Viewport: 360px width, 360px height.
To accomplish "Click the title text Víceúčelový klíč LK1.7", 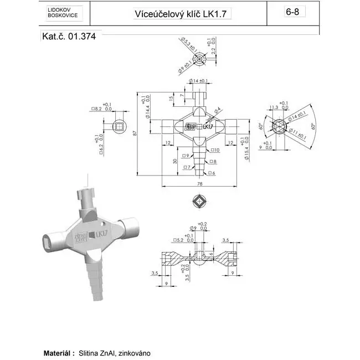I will pyautogui.click(x=183, y=14).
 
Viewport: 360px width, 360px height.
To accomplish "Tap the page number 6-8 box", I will pyautogui.click(x=292, y=12).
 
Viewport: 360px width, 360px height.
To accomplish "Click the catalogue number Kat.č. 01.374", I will pyautogui.click(x=68, y=38).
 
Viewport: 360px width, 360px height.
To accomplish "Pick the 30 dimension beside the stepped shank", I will pyautogui.click(x=176, y=161).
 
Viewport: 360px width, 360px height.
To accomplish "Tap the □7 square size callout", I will pyautogui.click(x=187, y=167).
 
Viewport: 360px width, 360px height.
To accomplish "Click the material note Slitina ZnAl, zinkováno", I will pyautogui.click(x=115, y=352).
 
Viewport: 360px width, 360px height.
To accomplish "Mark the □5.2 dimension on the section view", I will pyautogui.click(x=178, y=240).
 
